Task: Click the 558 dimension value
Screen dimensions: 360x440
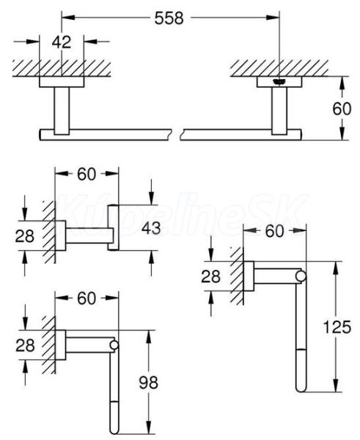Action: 169,18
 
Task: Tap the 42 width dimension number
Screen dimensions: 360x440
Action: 62,42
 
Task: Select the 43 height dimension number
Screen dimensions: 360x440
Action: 151,228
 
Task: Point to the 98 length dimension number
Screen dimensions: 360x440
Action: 148,382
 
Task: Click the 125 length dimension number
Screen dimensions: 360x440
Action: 337,327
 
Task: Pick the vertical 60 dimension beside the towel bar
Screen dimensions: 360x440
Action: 342,109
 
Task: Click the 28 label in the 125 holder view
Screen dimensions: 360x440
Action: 210,276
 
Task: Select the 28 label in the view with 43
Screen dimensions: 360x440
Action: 25,236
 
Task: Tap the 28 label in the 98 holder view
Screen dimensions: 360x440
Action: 25,345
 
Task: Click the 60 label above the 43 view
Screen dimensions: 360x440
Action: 87,175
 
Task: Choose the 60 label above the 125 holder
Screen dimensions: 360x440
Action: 274,232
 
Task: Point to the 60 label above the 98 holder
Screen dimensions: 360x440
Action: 87,298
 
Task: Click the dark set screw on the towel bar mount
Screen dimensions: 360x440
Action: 279,81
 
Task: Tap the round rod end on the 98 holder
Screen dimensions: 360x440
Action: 114,345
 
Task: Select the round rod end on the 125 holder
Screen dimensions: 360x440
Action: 301,276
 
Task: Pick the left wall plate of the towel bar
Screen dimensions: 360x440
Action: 62,81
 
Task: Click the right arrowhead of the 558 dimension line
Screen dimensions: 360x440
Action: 273,18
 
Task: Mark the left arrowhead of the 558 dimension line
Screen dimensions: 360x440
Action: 68,18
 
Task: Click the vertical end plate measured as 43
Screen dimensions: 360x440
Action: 114,228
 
